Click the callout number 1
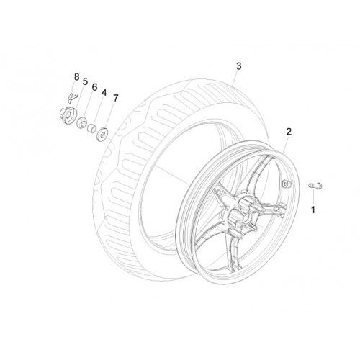[x=313, y=210]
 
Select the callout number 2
[x=289, y=132]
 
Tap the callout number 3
[x=238, y=66]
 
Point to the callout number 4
[x=104, y=93]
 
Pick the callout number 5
[x=85, y=81]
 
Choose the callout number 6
[x=95, y=87]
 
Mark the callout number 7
[x=116, y=98]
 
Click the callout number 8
[x=76, y=77]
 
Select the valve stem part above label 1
[x=315, y=186]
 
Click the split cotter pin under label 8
[x=72, y=97]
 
